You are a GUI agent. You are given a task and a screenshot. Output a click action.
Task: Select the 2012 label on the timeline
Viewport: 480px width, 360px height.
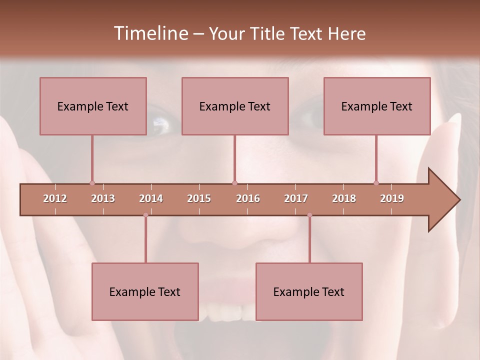pos(55,198)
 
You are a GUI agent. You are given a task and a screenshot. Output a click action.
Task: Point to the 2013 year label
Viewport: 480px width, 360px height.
pos(103,198)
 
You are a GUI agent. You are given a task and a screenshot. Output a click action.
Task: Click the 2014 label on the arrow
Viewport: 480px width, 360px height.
pos(151,198)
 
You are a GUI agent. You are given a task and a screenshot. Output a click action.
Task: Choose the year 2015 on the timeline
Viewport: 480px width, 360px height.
pos(199,198)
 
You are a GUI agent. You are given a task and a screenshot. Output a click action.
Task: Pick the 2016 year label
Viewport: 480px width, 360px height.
pos(248,198)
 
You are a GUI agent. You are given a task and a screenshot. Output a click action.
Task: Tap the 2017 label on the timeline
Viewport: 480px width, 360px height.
pos(296,198)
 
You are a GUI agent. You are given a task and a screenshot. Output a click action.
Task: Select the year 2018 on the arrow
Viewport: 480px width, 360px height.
pos(344,198)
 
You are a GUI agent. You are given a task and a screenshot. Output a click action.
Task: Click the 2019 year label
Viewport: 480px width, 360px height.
pos(392,198)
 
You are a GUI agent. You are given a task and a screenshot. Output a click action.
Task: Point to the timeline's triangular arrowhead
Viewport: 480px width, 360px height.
pos(443,200)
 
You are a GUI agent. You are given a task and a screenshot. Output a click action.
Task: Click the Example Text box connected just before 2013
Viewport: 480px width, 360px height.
pos(93,106)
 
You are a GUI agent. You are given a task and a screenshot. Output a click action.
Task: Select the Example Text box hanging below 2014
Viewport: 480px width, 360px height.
pos(145,291)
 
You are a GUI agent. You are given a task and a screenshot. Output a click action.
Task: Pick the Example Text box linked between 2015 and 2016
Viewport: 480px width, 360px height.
pos(235,106)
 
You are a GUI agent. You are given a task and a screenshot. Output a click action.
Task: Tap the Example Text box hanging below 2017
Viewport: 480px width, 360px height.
pos(309,291)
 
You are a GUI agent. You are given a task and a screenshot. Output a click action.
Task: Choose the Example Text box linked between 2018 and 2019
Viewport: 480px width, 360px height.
pos(377,106)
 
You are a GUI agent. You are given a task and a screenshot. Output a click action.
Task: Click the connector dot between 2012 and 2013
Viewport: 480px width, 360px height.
pos(92,183)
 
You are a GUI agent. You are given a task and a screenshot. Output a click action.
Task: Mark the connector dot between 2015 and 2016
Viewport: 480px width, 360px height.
pos(235,183)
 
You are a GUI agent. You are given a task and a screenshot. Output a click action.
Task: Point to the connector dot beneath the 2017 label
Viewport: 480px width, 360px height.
pos(309,215)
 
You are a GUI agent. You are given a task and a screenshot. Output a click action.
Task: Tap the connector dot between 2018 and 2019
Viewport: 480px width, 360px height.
pos(376,183)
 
